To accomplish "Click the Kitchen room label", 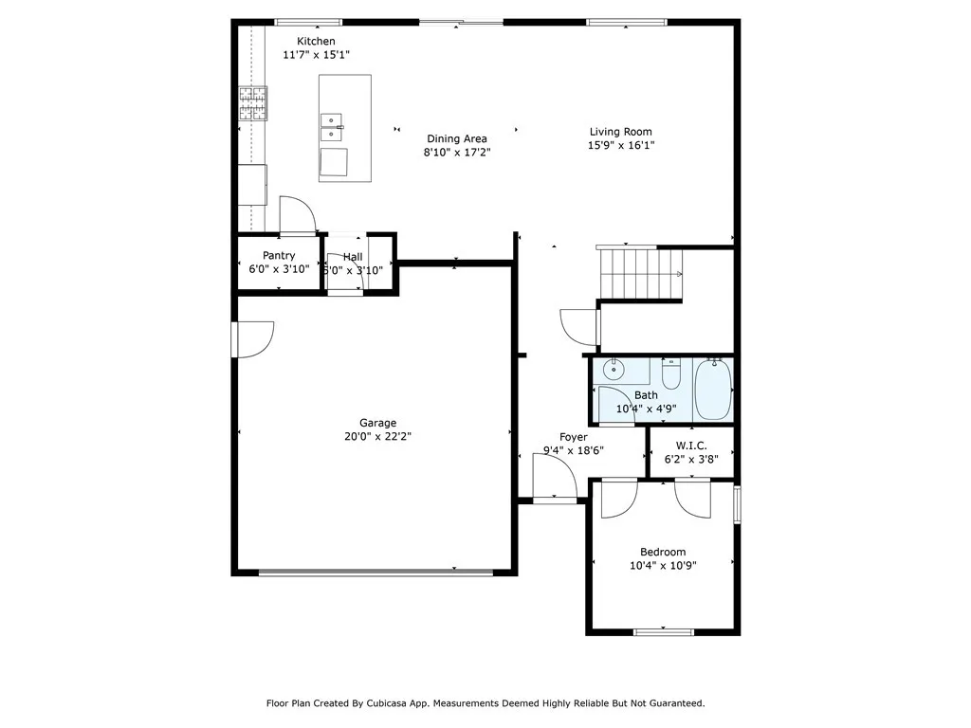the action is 316,42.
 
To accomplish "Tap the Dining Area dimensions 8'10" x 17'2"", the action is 457,153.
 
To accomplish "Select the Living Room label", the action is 620,132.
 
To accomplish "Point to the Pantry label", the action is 279,256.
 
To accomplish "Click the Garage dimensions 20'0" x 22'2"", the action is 377,436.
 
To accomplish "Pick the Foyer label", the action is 574,438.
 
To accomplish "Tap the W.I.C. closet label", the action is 691,446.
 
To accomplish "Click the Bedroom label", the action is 663,553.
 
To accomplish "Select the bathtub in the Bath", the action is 713,389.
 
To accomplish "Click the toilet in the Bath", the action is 671,373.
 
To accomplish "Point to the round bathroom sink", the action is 614,370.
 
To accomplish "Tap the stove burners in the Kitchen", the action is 253,103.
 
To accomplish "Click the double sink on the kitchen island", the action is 331,128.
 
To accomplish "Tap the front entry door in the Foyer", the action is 555,476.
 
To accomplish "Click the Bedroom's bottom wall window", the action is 663,632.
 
